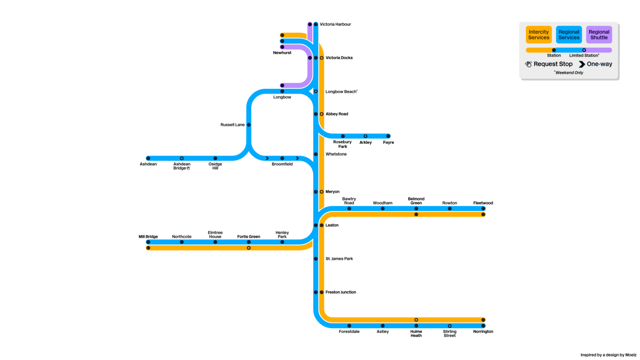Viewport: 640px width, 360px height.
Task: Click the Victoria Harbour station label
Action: click(335, 24)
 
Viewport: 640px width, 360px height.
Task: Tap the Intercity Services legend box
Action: click(539, 34)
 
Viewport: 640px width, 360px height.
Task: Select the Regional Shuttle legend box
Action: click(599, 34)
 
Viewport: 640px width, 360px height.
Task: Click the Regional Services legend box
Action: click(569, 34)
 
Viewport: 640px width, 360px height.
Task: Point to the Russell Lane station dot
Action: click(249, 125)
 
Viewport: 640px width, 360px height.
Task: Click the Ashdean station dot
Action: click(148, 158)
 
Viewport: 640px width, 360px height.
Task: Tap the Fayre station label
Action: click(388, 142)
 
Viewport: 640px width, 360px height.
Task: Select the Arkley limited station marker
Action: click(365, 136)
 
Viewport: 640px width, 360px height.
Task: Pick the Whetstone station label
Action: click(336, 154)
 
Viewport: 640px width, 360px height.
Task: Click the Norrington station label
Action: click(483, 331)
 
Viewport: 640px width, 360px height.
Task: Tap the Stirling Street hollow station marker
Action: click(450, 326)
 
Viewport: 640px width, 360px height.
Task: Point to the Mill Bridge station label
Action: click(148, 237)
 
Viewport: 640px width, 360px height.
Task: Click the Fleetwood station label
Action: click(483, 203)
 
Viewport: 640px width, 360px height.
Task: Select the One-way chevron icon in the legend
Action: click(582, 64)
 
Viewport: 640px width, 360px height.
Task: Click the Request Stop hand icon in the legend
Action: click(529, 64)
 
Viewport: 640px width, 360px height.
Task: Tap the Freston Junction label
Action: click(341, 292)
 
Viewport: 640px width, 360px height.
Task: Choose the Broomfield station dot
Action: click(283, 158)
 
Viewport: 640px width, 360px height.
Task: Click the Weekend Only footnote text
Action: click(569, 72)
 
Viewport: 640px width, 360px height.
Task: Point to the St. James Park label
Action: click(339, 258)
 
